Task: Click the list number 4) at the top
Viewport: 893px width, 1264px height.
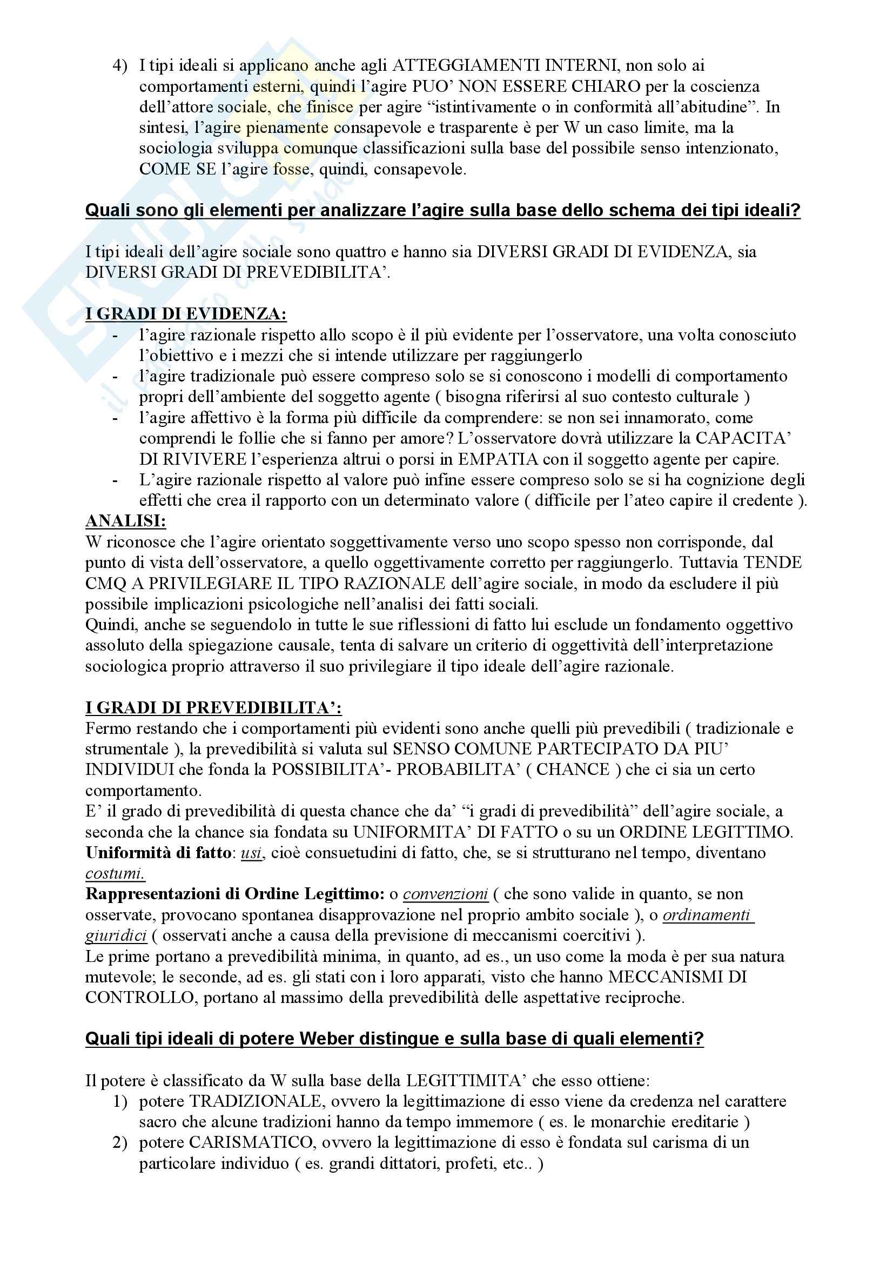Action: point(119,65)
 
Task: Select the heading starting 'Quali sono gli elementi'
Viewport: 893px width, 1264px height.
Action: point(442,210)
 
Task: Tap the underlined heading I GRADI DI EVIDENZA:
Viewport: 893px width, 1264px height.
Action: point(186,314)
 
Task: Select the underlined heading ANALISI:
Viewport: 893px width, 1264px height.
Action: point(125,521)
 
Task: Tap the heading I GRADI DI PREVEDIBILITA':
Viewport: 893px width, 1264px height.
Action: point(213,707)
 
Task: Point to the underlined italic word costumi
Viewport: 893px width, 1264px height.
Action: point(115,874)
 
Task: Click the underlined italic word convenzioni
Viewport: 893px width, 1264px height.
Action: point(445,894)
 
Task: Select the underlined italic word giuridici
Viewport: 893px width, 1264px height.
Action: point(116,935)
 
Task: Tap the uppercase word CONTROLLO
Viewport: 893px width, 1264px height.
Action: point(140,998)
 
